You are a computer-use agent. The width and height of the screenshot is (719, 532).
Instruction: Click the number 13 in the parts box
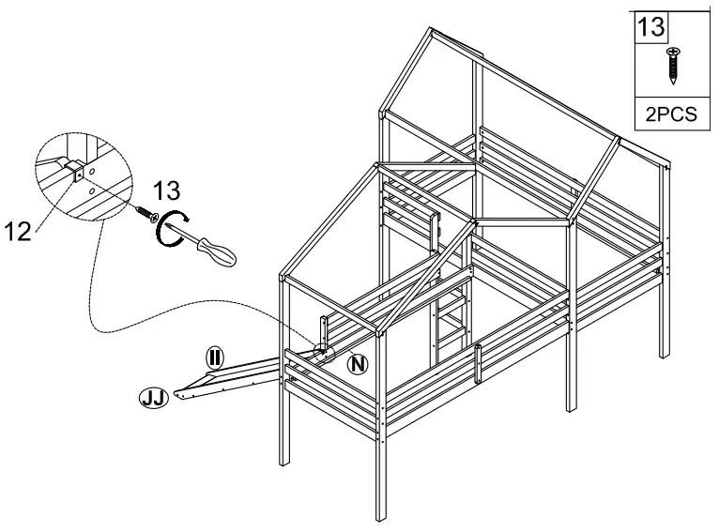pyautogui.click(x=650, y=25)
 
